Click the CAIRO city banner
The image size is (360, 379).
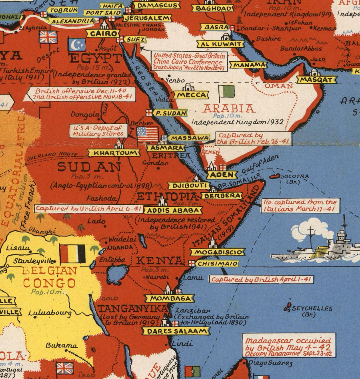(104, 34)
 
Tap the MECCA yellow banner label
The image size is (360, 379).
(191, 95)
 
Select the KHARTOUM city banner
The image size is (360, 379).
(114, 153)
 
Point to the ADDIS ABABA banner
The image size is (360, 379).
(173, 210)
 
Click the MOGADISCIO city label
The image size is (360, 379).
(217, 252)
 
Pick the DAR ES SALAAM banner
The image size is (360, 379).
(176, 331)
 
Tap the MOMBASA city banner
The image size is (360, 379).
(170, 298)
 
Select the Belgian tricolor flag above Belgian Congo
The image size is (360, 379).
(72, 254)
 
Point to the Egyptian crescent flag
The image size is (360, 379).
(77, 44)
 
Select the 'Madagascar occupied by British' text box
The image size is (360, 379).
(289, 345)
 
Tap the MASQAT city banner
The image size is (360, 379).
(317, 80)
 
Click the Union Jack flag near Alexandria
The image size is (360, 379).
(48, 37)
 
